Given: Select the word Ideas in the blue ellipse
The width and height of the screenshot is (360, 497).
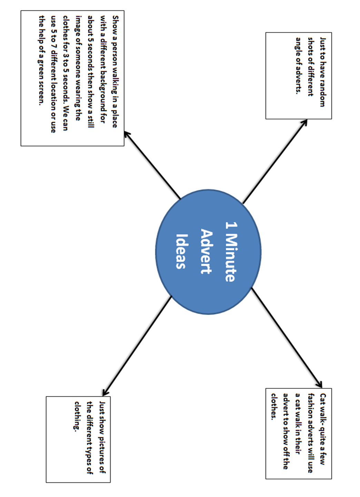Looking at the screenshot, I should [x=181, y=251].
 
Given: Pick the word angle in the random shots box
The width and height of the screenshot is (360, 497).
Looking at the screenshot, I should [x=298, y=44].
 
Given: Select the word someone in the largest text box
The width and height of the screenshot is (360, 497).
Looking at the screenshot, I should [x=78, y=63].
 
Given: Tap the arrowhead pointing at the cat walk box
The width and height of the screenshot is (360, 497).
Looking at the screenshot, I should [x=319, y=384].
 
